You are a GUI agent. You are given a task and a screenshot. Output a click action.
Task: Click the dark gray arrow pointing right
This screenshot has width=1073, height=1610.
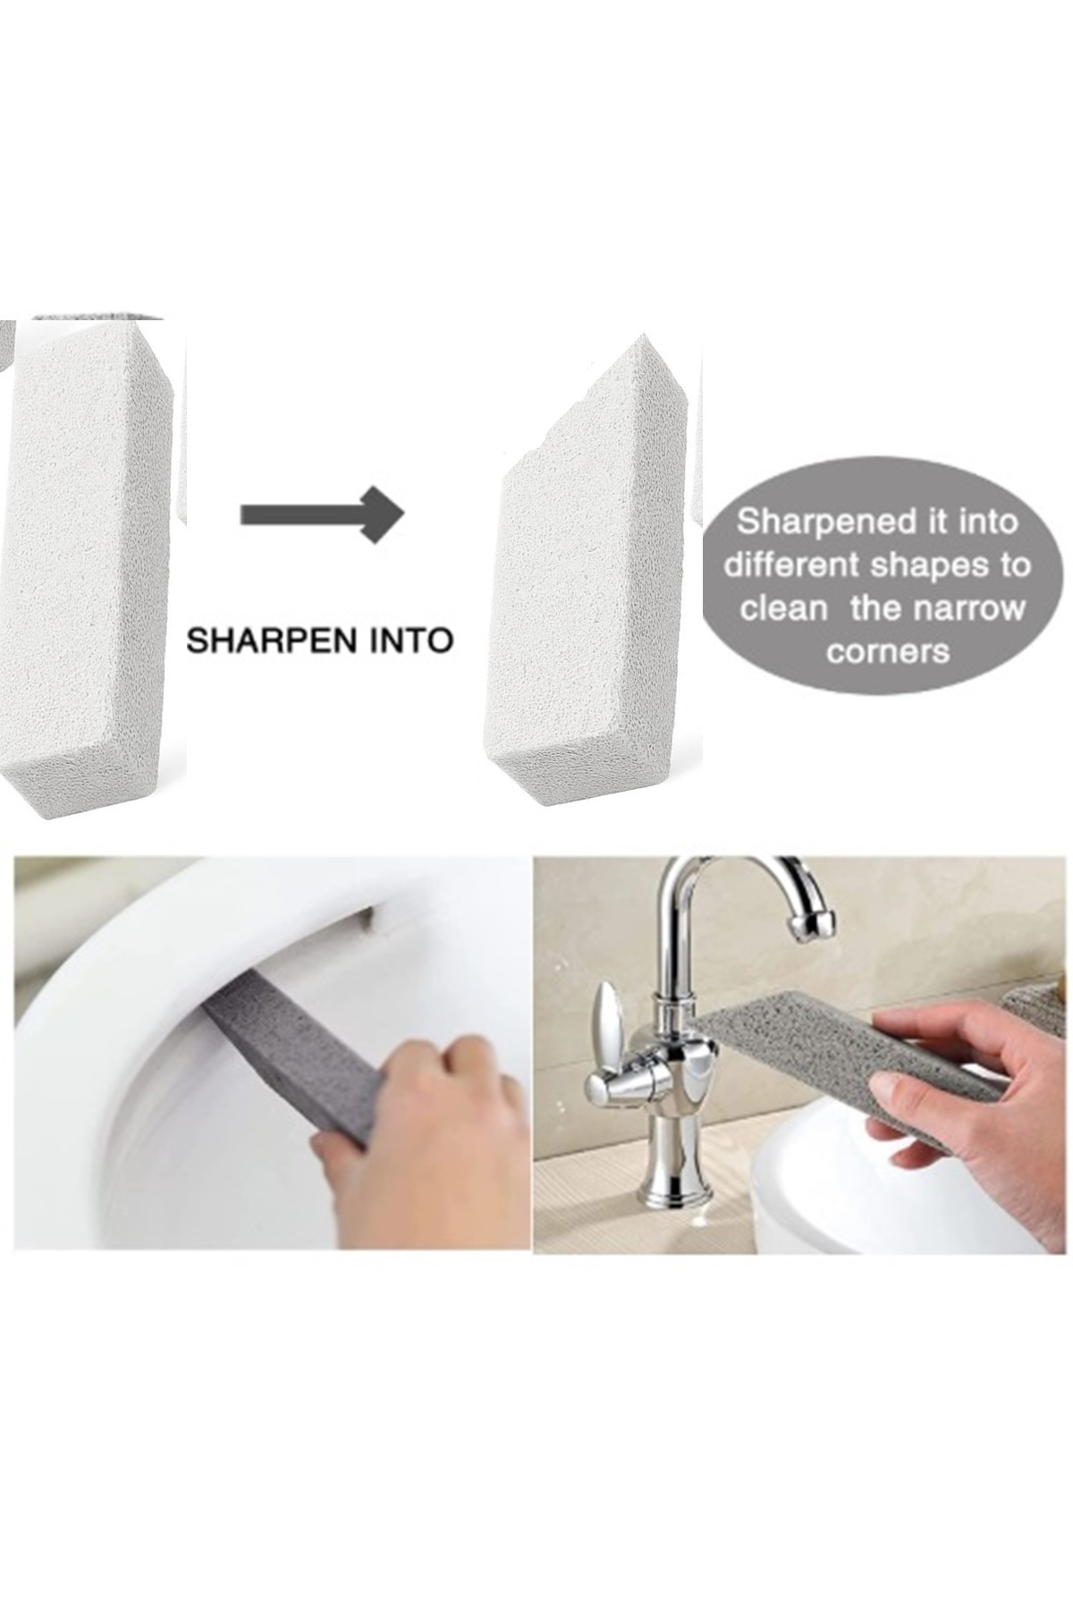(x=323, y=513)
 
